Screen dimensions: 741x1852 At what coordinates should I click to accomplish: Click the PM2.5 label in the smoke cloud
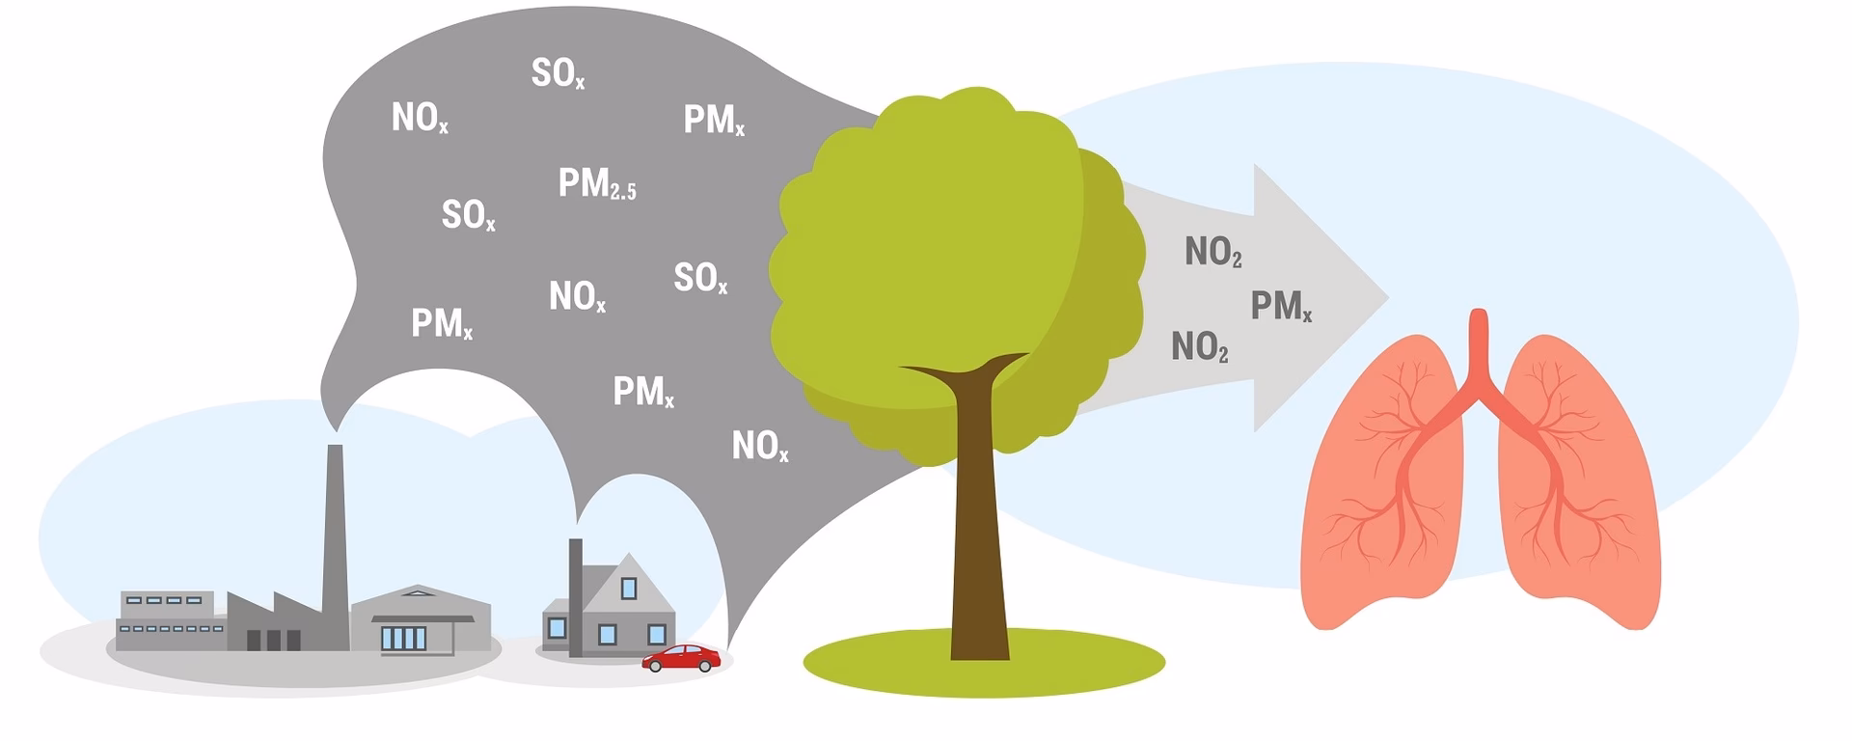[x=596, y=183]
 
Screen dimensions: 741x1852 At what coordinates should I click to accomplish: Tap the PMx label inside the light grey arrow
[x=1280, y=306]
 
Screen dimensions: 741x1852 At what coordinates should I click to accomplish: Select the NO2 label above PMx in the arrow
[x=1212, y=252]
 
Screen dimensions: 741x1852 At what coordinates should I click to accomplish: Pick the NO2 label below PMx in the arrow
[x=1199, y=346]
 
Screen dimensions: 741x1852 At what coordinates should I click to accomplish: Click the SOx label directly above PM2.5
[x=558, y=73]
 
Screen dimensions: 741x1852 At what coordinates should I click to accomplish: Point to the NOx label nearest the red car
[x=759, y=446]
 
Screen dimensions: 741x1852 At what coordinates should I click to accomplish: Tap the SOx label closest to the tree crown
[x=699, y=278]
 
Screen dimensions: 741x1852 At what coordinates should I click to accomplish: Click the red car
[x=681, y=658]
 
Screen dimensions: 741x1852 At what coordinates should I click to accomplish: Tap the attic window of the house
[x=629, y=587]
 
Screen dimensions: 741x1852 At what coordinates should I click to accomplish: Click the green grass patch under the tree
[x=1061, y=666]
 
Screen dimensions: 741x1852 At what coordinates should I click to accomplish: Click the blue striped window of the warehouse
[x=403, y=638]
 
